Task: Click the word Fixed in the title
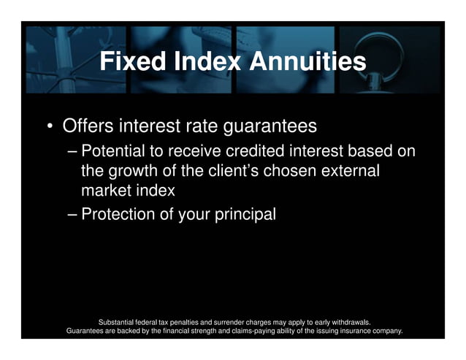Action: (x=131, y=61)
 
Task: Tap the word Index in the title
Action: (x=205, y=61)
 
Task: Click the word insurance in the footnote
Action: (x=345, y=330)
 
